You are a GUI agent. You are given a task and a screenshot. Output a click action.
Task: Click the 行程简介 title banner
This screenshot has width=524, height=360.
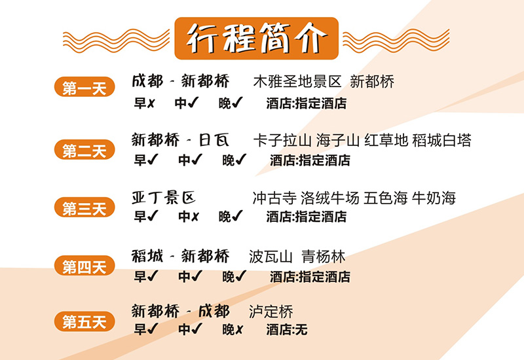pos(256,39)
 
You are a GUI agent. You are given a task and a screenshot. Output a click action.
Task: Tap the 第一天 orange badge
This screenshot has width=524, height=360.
pos(84,87)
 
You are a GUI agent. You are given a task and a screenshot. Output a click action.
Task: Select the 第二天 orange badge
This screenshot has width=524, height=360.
pos(84,150)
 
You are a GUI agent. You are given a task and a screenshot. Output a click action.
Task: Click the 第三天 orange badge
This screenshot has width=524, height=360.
pos(84,207)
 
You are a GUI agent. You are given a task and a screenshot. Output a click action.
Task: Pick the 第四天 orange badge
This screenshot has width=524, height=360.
pos(84,266)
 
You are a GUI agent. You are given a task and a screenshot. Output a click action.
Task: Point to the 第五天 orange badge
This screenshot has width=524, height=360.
pos(84,321)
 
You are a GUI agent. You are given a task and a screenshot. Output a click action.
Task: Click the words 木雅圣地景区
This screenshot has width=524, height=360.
pos(297,81)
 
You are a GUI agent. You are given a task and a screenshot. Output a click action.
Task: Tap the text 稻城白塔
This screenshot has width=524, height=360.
pos(441,140)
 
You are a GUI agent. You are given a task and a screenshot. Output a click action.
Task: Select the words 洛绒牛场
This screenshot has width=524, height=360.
pos(330,198)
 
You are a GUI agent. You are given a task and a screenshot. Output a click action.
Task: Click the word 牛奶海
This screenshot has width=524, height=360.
pos(434,198)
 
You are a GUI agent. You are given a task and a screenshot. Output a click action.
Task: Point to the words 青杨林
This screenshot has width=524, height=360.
pos(323,257)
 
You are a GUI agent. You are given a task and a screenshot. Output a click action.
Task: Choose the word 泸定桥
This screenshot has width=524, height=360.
pos(271,312)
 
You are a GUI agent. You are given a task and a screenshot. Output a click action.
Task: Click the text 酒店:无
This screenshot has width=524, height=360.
pos(287,330)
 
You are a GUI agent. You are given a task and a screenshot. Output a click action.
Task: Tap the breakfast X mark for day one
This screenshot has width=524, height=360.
pos(151,103)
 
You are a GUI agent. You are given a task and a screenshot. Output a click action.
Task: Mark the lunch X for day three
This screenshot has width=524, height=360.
pos(195,217)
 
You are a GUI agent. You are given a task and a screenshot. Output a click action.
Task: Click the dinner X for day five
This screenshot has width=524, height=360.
pos(239,330)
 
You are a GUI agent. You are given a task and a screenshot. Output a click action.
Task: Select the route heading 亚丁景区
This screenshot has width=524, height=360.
pos(163,198)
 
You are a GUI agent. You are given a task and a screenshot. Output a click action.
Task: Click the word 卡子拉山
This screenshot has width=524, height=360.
pos(282,140)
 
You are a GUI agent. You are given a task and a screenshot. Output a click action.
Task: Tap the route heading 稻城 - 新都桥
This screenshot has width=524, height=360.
pos(181,257)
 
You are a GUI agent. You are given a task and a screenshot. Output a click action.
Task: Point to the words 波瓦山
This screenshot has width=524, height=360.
pos(271,257)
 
